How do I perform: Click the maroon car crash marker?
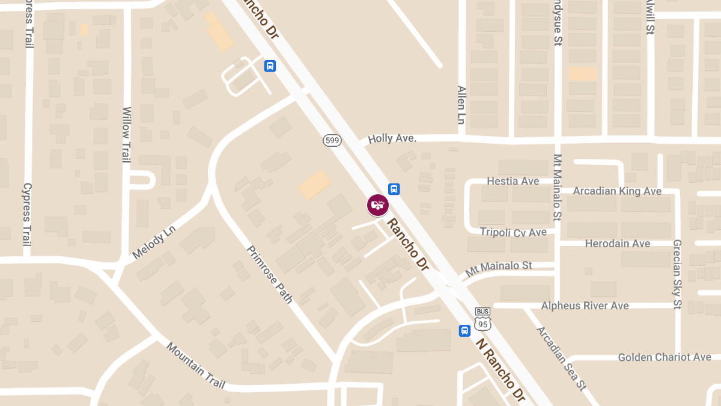click(378, 205)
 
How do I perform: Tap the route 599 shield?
click(332, 140)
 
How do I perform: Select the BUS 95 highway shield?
click(482, 319)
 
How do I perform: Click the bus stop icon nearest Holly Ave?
click(394, 189)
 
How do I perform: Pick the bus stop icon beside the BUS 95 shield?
click(464, 331)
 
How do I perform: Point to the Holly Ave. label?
click(392, 138)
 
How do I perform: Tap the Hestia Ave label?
click(513, 181)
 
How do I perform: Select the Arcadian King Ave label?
click(617, 191)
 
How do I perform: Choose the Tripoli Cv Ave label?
click(513, 232)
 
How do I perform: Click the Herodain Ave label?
click(618, 244)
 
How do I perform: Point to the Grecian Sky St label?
click(677, 274)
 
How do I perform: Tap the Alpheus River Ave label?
click(585, 306)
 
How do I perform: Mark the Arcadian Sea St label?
click(561, 358)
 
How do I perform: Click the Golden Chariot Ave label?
click(665, 357)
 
